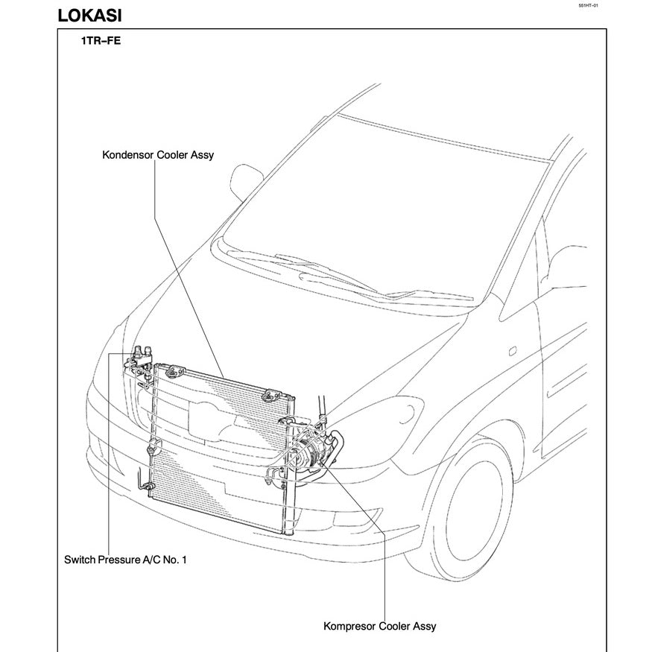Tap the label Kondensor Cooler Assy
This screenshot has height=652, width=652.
(x=158, y=155)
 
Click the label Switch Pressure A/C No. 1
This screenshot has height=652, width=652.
(x=125, y=559)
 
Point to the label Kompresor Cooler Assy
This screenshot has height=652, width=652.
(x=379, y=626)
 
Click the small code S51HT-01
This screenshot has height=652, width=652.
(x=588, y=5)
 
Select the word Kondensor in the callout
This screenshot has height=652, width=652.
(x=127, y=155)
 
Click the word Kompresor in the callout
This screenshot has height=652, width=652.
(x=349, y=626)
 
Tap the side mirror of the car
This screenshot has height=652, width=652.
(x=244, y=183)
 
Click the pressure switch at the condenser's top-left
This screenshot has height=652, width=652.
(x=142, y=352)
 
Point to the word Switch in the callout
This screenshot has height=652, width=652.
(x=80, y=559)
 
